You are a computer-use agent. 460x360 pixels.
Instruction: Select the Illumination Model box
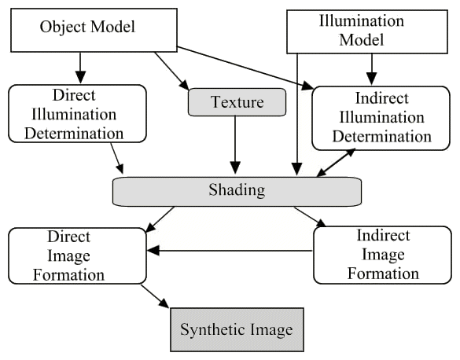pos(369,31)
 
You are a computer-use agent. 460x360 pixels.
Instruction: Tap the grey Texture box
pos(235,101)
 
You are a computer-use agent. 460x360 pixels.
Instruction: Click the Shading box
pos(236,191)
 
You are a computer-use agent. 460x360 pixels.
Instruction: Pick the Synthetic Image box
pos(237,329)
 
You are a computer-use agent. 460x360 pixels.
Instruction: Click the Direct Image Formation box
pos(77,256)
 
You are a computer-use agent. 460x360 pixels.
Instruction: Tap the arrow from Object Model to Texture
pos(172,70)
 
